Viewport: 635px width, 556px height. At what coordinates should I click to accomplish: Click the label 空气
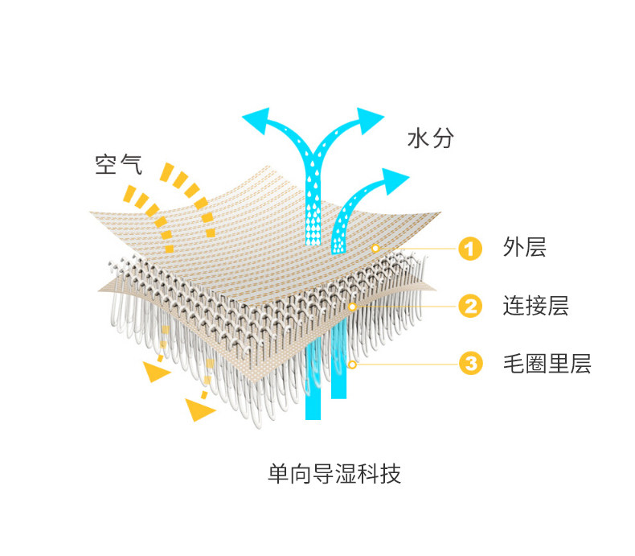[x=118, y=164]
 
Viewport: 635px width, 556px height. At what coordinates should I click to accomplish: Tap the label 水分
[x=431, y=138]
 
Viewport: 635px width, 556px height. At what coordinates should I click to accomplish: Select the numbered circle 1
[x=469, y=249]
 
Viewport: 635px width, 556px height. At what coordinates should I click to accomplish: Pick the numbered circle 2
[x=469, y=307]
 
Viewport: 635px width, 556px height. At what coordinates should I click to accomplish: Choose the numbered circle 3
[x=469, y=364]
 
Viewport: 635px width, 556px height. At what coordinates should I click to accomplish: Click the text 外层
[x=525, y=248]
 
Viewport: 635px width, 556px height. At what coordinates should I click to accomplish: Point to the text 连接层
[x=535, y=306]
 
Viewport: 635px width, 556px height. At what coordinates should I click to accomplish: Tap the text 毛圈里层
[x=547, y=364]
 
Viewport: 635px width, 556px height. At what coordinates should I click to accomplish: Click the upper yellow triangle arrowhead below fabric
[x=156, y=371]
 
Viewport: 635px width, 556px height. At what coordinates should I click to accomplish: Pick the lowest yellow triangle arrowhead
[x=198, y=411]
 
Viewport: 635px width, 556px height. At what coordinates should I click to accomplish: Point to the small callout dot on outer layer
[x=375, y=249]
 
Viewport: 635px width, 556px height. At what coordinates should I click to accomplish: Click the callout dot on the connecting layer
[x=352, y=307]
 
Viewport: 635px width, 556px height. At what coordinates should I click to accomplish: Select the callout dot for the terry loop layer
[x=352, y=364]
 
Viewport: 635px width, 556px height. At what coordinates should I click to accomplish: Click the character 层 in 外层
[x=536, y=248]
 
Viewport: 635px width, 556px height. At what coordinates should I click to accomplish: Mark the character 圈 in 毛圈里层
[x=536, y=364]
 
